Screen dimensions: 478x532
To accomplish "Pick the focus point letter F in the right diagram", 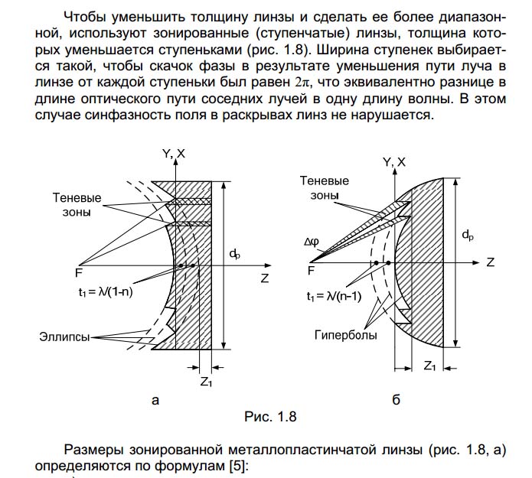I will [x=311, y=270].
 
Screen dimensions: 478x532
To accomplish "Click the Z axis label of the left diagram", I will [x=264, y=279].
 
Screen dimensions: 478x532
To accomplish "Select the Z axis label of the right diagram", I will [x=491, y=262].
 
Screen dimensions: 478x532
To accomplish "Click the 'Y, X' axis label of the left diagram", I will [x=175, y=154].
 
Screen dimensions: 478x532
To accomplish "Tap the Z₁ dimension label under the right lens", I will [x=431, y=366].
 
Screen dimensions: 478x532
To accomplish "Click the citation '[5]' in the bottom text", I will [x=238, y=465].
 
